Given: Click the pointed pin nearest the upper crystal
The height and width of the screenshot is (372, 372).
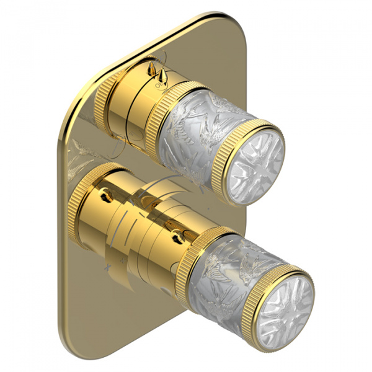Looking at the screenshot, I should tap(162, 75).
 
